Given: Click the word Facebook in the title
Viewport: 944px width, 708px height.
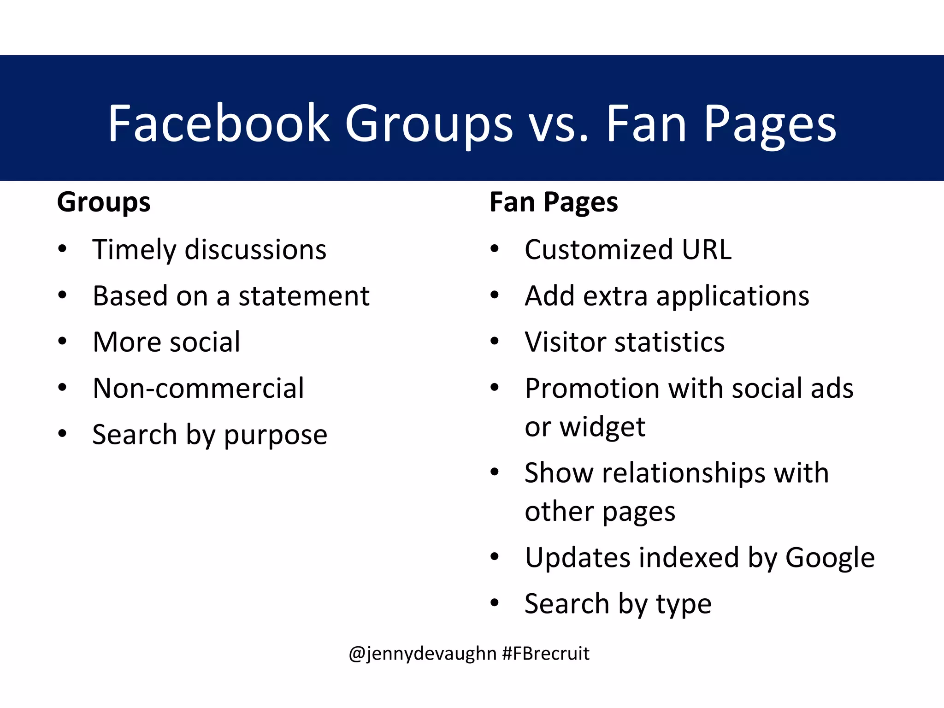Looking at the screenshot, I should (x=219, y=124).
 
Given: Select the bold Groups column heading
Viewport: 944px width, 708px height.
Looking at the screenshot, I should (x=104, y=202).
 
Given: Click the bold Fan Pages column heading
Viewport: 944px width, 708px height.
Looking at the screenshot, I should (x=554, y=202).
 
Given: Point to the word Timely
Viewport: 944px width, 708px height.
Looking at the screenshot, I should (x=134, y=250).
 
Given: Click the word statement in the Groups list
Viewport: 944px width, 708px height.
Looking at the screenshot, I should (x=304, y=296).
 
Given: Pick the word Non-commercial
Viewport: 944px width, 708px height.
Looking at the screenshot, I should (x=198, y=388).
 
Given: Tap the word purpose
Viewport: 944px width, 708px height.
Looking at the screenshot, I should (x=275, y=435).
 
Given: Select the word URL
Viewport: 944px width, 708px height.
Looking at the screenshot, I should (x=707, y=250).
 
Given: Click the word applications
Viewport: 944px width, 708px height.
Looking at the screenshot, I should (x=733, y=296).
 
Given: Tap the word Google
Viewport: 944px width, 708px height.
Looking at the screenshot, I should (x=830, y=558).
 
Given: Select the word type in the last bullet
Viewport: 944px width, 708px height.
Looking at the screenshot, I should (x=684, y=605).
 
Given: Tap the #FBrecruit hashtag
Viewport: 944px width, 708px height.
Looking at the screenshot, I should (x=546, y=654).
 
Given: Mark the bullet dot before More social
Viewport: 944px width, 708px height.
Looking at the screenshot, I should (x=63, y=342).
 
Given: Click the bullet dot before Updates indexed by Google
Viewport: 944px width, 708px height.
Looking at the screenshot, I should (x=495, y=557).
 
